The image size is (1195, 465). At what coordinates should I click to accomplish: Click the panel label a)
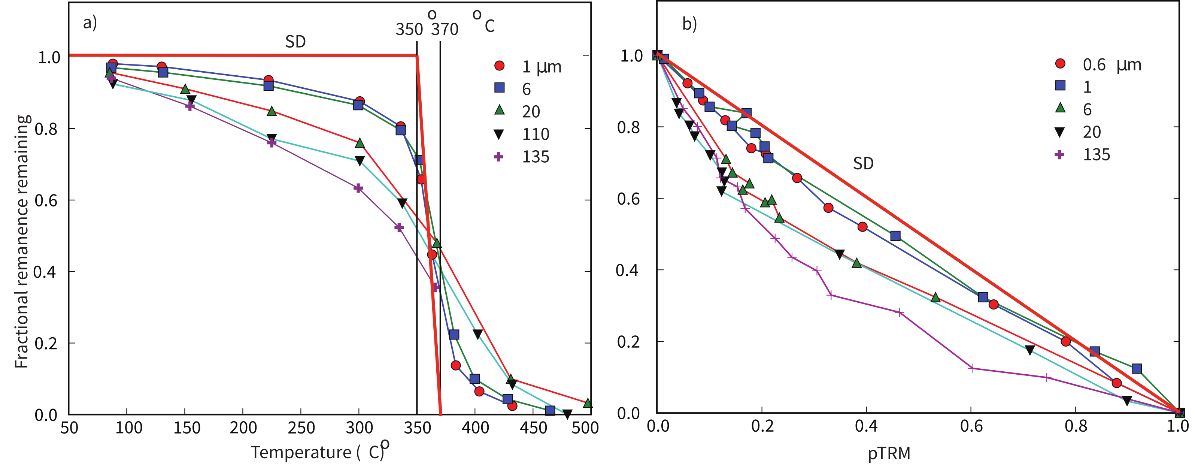click(90, 22)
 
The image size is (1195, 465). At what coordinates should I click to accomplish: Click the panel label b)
click(689, 23)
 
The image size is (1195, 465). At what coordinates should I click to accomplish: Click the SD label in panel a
click(295, 42)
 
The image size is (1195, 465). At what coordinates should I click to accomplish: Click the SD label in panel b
click(863, 163)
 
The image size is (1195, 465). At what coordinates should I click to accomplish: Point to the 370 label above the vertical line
click(445, 30)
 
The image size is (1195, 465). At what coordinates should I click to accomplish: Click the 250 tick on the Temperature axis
click(301, 428)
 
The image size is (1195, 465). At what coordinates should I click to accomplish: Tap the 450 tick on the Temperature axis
click(533, 428)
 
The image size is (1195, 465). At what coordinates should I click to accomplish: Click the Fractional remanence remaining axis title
click(21, 241)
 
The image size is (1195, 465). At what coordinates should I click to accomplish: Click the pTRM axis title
click(889, 453)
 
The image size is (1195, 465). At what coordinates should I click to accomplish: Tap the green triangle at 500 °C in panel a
click(587, 403)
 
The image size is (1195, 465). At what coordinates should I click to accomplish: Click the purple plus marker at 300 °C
click(358, 188)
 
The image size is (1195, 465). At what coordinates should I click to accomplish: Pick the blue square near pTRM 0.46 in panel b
click(895, 236)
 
